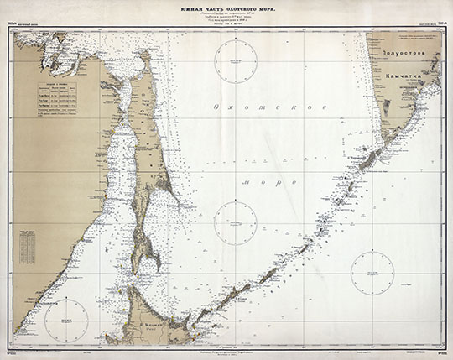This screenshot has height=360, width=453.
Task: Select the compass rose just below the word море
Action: point(235,222)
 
